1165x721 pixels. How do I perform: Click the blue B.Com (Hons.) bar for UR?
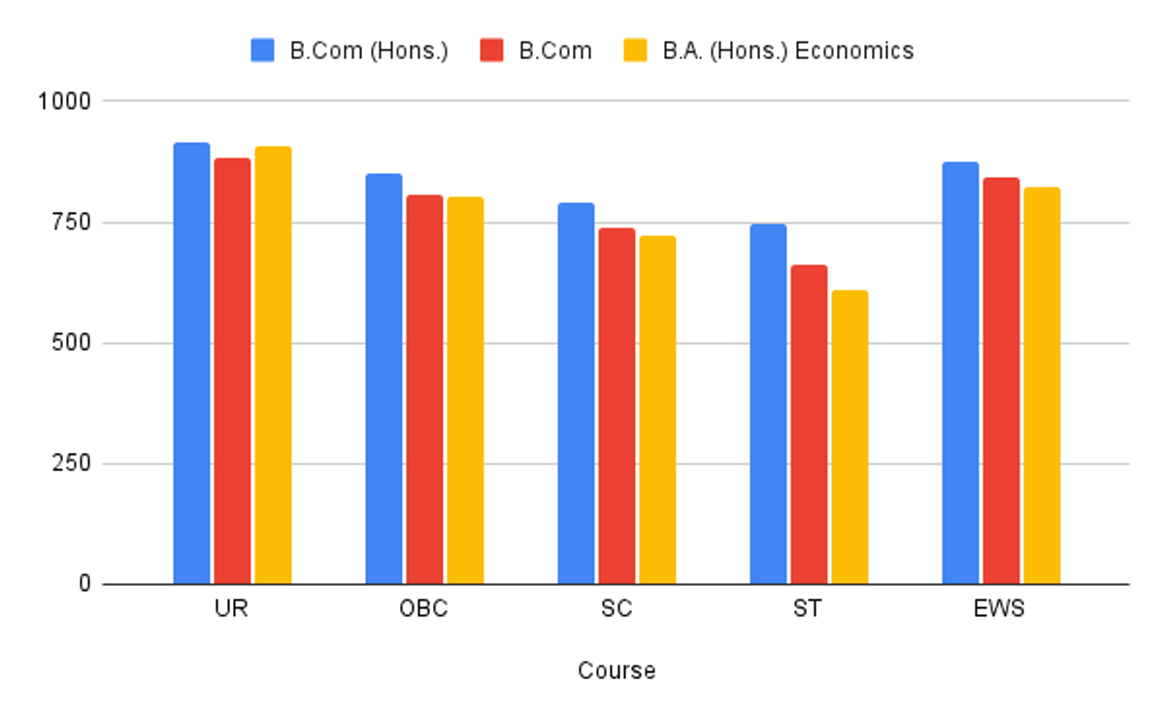click(x=191, y=363)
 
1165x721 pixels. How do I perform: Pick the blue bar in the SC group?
click(x=576, y=394)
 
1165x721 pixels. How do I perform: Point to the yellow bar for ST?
click(x=849, y=437)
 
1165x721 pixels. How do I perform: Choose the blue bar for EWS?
click(x=960, y=373)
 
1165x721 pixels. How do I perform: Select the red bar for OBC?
click(x=424, y=390)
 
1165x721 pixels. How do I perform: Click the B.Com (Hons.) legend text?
click(x=369, y=51)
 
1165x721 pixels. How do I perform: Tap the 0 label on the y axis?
click(x=84, y=584)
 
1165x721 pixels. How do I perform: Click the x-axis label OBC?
click(x=424, y=610)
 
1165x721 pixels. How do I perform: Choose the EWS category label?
click(x=1001, y=610)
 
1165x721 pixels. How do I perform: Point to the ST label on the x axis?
click(x=807, y=610)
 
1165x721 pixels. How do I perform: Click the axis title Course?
click(x=616, y=670)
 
